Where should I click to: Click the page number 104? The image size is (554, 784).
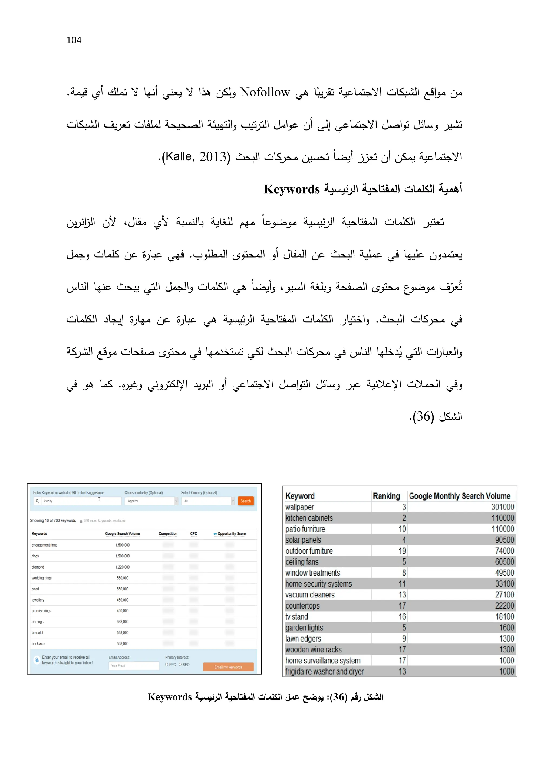coord(74,40)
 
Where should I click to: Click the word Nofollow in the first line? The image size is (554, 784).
coord(265,92)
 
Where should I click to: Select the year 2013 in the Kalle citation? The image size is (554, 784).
coord(213,157)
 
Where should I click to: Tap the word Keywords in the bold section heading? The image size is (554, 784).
coord(291,189)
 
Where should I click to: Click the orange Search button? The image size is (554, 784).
coord(245,501)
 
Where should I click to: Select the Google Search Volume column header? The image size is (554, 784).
coord(123,533)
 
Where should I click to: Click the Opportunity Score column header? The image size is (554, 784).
coord(231,533)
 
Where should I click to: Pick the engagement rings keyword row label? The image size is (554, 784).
coord(44,545)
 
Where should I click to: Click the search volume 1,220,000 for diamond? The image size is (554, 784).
coord(123,567)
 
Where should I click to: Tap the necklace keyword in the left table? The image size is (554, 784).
coord(38,644)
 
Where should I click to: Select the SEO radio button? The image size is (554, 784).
coord(180,665)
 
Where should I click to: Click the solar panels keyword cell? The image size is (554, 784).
coord(303,540)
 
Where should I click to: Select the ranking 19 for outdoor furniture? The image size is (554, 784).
coord(402,551)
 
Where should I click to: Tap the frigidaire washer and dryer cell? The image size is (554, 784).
coord(324,671)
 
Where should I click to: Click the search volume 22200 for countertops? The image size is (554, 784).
coord(504,606)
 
